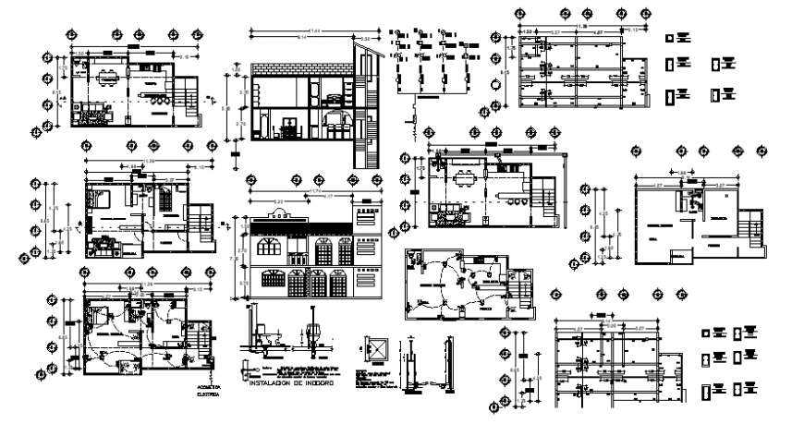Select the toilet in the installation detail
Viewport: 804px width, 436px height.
[261, 334]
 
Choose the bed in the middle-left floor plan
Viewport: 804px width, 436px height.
[99, 199]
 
